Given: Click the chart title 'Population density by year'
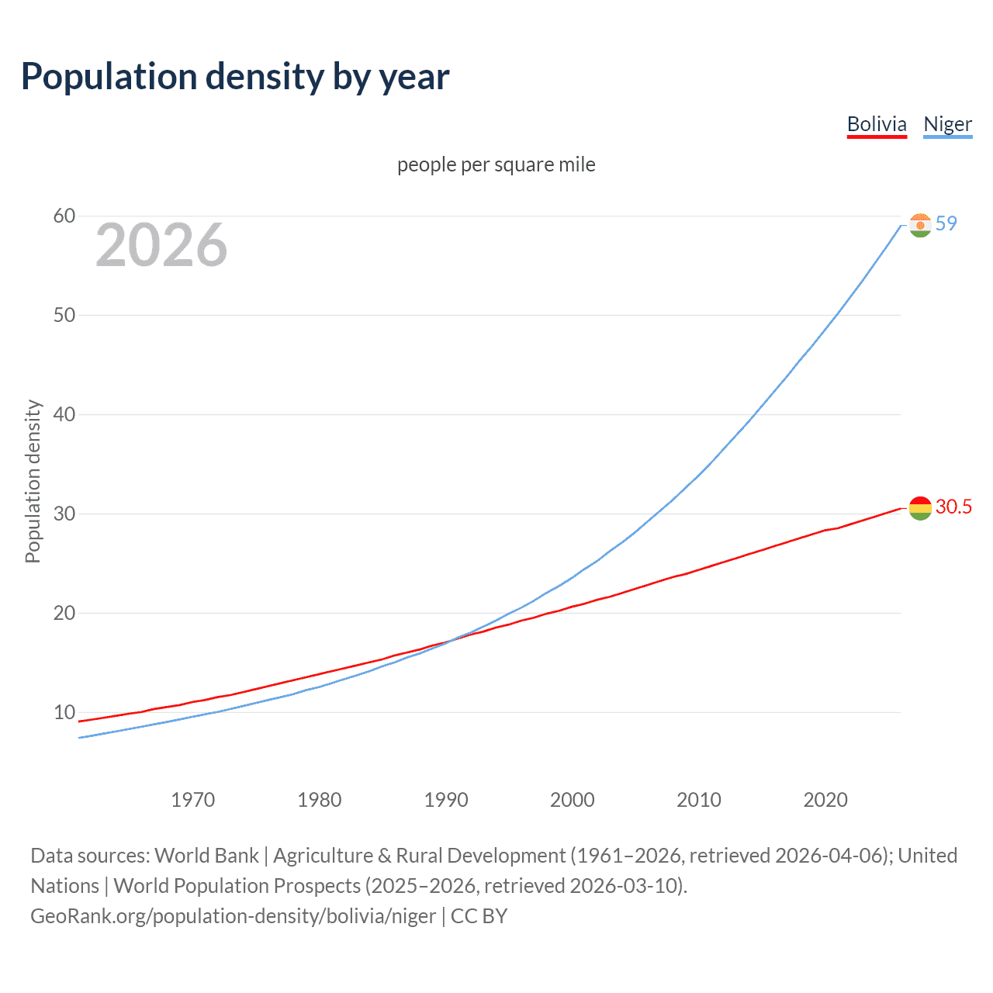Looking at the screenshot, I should [235, 77].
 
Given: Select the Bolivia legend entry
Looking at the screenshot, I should [877, 124].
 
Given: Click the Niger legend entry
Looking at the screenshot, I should [947, 124].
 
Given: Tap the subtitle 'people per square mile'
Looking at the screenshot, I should [496, 164].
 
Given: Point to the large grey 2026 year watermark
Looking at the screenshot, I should [161, 245].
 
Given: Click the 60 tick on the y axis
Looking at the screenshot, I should [64, 216].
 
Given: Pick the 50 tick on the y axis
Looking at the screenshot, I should [64, 315].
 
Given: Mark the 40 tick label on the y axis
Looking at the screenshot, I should [64, 414].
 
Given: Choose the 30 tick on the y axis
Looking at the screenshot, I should [64, 514].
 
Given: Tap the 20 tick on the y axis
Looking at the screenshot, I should [64, 613].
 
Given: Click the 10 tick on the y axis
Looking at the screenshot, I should [64, 712].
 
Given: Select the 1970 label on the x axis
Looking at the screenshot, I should [193, 800].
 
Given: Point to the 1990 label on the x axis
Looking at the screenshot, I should [446, 800].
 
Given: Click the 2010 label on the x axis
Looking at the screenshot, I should [699, 800].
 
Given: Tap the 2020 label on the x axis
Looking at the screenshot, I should [825, 800].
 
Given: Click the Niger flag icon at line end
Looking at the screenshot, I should [920, 225].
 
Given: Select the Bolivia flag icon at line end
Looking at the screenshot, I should [920, 508].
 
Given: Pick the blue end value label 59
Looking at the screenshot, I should [946, 223].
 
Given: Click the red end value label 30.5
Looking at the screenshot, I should [953, 507].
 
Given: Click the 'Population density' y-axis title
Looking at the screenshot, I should [33, 481].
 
